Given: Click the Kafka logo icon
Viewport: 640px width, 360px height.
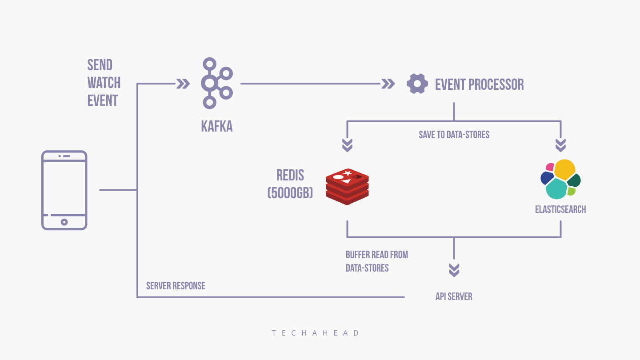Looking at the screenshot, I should tap(216, 83).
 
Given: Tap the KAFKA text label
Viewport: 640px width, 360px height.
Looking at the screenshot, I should tap(217, 127).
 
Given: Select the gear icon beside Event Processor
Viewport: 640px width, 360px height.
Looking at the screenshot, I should tap(417, 84).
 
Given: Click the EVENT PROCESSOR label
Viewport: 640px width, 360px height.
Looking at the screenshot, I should tap(479, 84).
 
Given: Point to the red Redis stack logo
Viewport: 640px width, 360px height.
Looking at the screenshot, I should tap(348, 186).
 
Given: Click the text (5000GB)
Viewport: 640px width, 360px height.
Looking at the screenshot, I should tap(290, 192).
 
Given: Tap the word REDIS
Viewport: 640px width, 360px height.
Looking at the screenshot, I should tap(290, 175).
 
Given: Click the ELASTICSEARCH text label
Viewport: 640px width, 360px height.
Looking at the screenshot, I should tap(560, 209).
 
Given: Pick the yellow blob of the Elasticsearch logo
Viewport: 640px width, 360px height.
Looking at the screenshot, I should tap(564, 169).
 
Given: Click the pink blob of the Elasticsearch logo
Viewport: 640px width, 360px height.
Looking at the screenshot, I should tap(550, 167).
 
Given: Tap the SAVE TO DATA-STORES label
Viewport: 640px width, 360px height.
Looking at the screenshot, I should tap(454, 135).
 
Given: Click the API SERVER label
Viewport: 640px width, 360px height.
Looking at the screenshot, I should tap(454, 296).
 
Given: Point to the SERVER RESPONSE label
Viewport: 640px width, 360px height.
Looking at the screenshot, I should tap(176, 286).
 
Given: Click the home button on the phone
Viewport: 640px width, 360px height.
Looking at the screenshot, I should tap(64, 222).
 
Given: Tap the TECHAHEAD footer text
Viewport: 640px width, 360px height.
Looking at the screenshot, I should tap(316, 333).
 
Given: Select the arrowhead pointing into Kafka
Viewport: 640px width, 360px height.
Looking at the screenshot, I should tap(183, 84).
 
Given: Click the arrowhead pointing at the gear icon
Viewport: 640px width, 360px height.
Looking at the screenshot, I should tap(388, 84).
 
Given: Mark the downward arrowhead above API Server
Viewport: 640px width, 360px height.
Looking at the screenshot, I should tap(454, 270).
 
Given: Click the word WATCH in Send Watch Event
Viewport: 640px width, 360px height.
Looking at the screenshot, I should tap(104, 83).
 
